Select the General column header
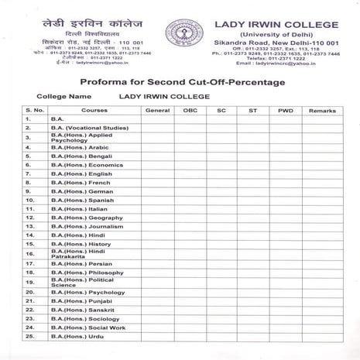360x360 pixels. point(157,111)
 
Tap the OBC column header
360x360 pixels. point(190,111)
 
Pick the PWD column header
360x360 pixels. point(286,111)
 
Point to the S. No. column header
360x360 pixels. point(34,111)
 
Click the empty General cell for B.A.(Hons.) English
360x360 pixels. point(157,175)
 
